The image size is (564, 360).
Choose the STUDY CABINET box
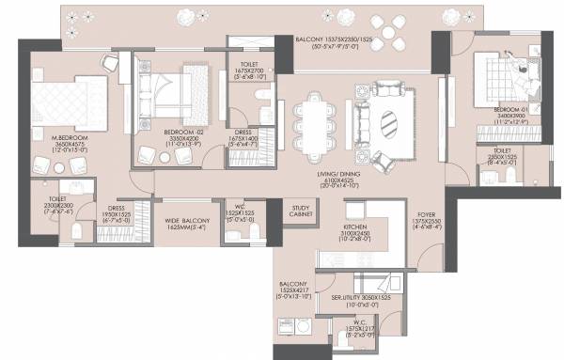[x=302, y=211]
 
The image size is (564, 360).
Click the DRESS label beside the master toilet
[x=117, y=208]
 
